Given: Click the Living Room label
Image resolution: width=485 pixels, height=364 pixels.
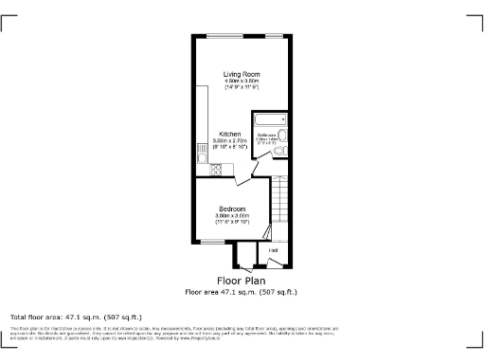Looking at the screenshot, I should (242, 74).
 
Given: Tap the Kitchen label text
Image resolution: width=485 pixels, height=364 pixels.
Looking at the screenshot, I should (231, 134).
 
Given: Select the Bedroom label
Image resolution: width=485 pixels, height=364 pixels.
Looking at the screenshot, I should (232, 209).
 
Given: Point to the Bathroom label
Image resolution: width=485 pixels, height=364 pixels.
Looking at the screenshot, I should (266, 135).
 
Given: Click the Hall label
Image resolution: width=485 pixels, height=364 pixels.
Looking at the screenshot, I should (273, 250).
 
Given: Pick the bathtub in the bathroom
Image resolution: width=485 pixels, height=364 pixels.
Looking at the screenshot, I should (268, 120).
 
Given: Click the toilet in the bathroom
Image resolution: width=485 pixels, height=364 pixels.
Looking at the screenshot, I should (280, 136).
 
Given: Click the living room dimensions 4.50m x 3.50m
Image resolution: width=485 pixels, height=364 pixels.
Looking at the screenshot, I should (242, 82).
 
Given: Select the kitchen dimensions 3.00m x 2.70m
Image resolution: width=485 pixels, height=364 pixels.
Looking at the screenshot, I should (231, 141).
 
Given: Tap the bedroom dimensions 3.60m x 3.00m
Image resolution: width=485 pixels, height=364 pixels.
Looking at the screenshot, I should (232, 216).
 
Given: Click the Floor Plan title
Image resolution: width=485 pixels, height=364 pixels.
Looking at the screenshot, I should (241, 282).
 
